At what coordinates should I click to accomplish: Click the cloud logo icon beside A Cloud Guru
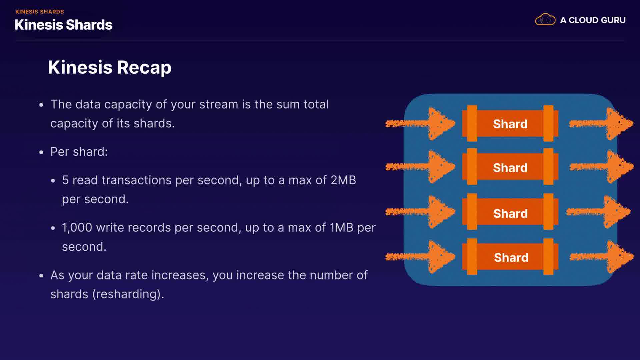coord(545,20)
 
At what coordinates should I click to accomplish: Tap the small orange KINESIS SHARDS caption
coord(40,12)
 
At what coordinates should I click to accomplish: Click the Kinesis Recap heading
coord(110,67)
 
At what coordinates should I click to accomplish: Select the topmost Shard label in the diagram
coord(510,124)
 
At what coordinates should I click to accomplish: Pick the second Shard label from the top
coord(510,168)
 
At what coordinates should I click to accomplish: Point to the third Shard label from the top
coord(510,213)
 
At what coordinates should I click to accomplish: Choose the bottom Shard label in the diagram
coord(511,257)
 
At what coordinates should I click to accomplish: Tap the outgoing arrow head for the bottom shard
coord(620,257)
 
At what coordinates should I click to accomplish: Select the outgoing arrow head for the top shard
coord(620,123)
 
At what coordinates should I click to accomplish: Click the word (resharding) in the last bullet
coord(128,294)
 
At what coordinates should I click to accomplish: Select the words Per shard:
coord(79,152)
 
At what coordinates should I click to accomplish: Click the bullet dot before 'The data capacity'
coord(41,105)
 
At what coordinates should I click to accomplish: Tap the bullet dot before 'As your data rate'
coord(41,276)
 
